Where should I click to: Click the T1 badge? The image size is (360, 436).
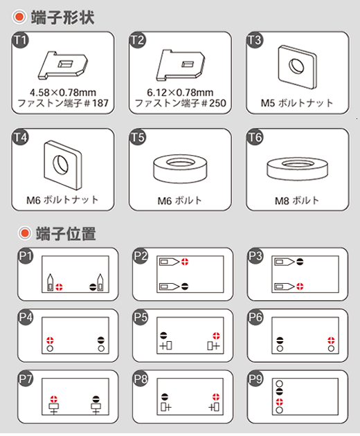[x=21, y=40]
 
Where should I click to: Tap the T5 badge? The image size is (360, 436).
[x=138, y=137]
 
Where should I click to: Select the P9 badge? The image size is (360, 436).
[x=255, y=379]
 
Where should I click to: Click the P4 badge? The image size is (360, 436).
[x=26, y=317]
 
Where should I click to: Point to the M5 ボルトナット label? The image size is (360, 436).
[x=297, y=103]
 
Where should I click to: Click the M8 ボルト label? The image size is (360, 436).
[x=297, y=201]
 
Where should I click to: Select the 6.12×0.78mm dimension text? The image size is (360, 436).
[x=180, y=92]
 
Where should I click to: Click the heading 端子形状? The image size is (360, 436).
[x=63, y=17]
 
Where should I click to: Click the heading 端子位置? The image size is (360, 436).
[x=66, y=234]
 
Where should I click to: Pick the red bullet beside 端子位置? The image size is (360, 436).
[x=25, y=233]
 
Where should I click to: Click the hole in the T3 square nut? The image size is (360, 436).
[x=296, y=66]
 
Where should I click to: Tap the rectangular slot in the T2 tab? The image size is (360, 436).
[x=188, y=64]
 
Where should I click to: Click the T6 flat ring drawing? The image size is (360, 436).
[x=298, y=168]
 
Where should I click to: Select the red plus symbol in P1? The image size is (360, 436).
[x=59, y=287]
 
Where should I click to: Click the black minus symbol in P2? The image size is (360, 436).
[x=185, y=286]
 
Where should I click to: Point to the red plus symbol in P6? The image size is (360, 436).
[x=331, y=340]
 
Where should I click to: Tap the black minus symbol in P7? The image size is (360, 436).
[x=96, y=399]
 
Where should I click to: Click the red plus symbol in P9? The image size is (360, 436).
[x=279, y=402]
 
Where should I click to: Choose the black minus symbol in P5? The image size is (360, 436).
[x=163, y=336]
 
